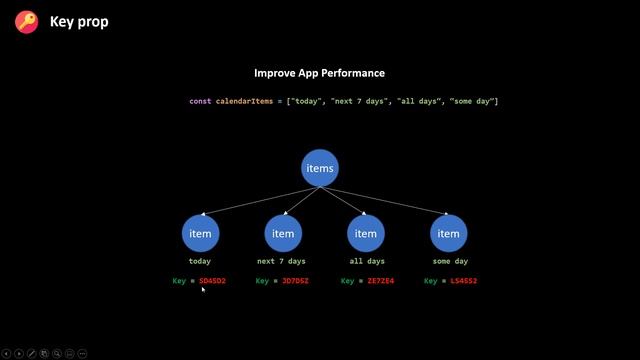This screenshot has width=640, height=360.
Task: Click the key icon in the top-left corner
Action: (27, 21)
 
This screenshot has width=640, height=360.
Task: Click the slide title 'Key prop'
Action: (79, 21)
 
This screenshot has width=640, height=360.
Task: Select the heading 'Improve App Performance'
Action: (319, 73)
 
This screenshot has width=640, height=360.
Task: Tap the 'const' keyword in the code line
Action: (200, 101)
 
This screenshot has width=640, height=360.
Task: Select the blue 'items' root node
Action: (320, 168)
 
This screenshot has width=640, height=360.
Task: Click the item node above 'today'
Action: (200, 233)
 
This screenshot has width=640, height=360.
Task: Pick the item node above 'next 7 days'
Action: (283, 233)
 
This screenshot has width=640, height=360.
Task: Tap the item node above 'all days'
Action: (366, 233)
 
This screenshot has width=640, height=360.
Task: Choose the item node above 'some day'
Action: (449, 233)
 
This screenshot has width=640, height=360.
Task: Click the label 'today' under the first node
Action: (200, 261)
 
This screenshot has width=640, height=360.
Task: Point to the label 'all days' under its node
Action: (366, 261)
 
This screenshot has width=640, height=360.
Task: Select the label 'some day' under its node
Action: (449, 261)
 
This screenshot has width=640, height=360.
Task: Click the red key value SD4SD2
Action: (213, 281)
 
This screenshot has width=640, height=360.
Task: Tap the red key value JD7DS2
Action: (296, 281)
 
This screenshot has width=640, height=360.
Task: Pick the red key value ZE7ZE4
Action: (381, 281)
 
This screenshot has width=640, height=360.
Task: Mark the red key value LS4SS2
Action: (464, 281)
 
